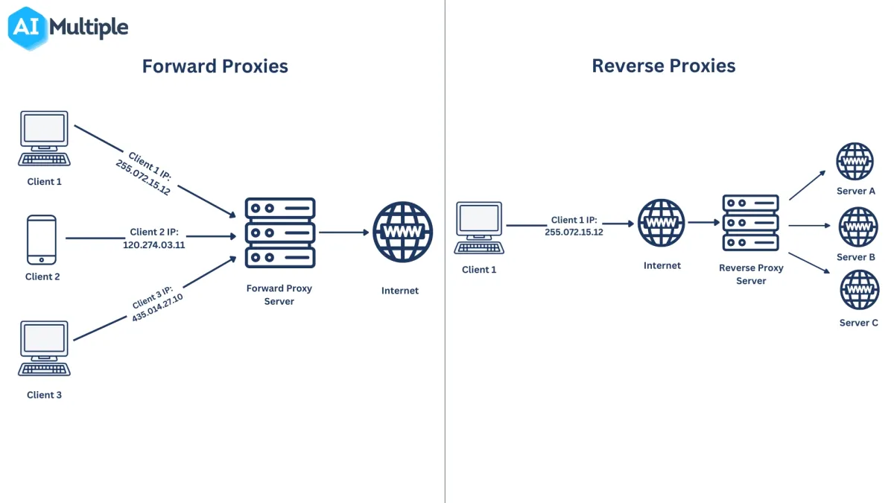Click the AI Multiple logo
[69, 28]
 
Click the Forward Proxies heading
[215, 66]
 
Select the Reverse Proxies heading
[663, 66]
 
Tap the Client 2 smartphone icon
[41, 239]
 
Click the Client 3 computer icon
[45, 348]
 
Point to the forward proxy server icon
[280, 232]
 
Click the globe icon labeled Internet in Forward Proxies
[402, 232]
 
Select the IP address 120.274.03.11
[153, 244]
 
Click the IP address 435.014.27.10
[157, 307]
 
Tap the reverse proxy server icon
[750, 223]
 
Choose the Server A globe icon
[855, 162]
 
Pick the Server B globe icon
[858, 227]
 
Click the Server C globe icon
[858, 291]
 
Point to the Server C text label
[858, 323]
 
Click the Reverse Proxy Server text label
[751, 274]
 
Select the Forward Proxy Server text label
[279, 294]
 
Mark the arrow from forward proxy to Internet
[344, 232]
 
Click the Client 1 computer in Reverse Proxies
[479, 228]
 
